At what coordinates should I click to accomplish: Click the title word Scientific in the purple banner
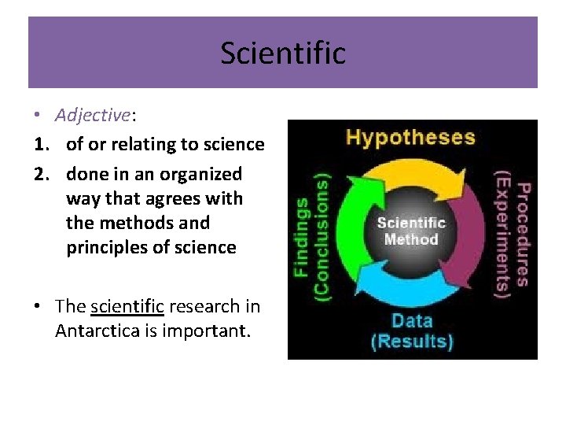tap(282, 54)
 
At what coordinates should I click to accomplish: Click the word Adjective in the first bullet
tap(92, 115)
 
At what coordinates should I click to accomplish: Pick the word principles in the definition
tap(109, 247)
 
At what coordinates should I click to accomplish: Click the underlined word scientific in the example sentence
tap(127, 306)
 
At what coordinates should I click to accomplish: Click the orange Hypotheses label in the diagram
tap(410, 137)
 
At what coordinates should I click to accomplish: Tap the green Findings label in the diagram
tap(300, 236)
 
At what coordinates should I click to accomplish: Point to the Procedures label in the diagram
tap(521, 235)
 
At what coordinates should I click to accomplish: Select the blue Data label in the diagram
tap(412, 321)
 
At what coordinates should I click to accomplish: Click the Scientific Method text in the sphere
tap(411, 230)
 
